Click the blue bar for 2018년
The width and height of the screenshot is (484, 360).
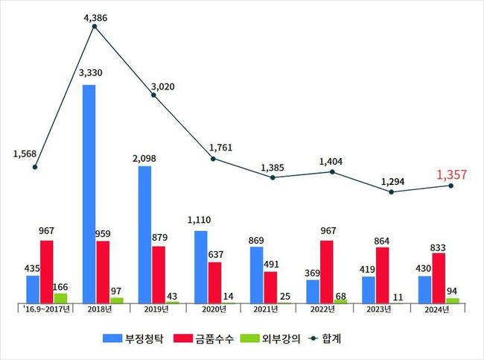89,194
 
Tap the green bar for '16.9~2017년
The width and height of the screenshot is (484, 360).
60,298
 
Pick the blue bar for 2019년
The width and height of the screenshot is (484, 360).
144,235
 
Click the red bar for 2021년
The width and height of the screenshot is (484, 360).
271,287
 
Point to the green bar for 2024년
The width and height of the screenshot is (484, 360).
453,300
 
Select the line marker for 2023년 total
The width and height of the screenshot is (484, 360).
392,192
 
